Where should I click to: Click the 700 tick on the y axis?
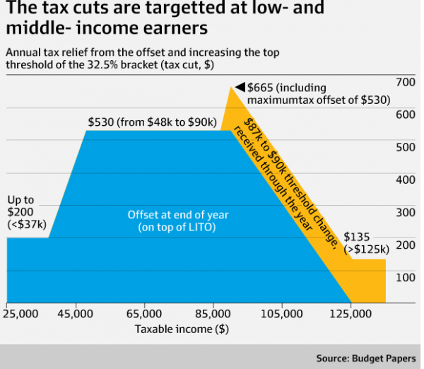(x=404, y=83)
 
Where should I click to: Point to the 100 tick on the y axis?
(x=404, y=277)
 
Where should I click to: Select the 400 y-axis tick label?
(x=404, y=180)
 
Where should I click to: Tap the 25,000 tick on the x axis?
(x=21, y=312)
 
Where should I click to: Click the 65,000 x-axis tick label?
(x=144, y=312)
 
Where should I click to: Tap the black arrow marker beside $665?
(x=240, y=87)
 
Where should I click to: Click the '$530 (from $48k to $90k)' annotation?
(x=152, y=122)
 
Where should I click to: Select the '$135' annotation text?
(x=357, y=236)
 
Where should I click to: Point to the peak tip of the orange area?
(x=231, y=86)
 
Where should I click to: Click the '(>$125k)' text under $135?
(x=366, y=249)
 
